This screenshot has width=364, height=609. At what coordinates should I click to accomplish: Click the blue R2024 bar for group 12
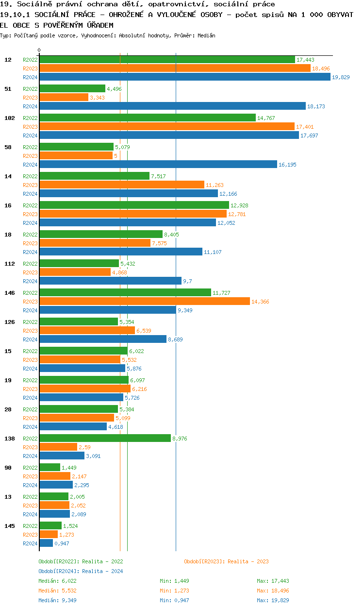pos(184,77)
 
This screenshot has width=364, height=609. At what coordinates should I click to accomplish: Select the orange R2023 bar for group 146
pos(144,301)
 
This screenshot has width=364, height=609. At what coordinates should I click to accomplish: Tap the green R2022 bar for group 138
pos(105,438)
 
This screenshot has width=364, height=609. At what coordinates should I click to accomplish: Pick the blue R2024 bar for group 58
pos(158,164)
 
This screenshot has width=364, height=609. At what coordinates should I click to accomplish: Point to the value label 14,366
pos(260,302)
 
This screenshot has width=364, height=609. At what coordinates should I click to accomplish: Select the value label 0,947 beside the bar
pos(62,543)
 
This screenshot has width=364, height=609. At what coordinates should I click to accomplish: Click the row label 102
pos(9,118)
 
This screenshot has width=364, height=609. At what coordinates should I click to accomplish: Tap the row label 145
pos(9,526)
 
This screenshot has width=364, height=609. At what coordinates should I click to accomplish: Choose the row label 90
pos(8,468)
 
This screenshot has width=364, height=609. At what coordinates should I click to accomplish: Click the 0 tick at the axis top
pos(39,51)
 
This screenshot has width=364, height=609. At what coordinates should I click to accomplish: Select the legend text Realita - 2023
pos(248,561)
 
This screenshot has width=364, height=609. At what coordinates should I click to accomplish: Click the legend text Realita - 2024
pos(102,571)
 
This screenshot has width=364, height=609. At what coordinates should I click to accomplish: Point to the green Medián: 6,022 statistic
pos(57,581)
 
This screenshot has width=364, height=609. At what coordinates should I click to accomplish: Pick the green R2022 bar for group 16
pos(134,205)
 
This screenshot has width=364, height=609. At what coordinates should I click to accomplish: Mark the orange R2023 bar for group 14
pos(122,185)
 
